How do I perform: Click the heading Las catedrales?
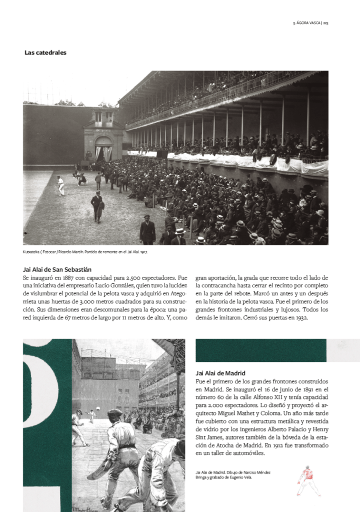pos(45,53)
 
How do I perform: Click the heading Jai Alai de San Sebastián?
pos(57,269)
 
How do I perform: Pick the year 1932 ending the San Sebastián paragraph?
pos(299,317)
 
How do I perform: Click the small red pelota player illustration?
pos(308,480)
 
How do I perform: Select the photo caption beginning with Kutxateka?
pos(85,252)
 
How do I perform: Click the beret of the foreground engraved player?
pos(115,413)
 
